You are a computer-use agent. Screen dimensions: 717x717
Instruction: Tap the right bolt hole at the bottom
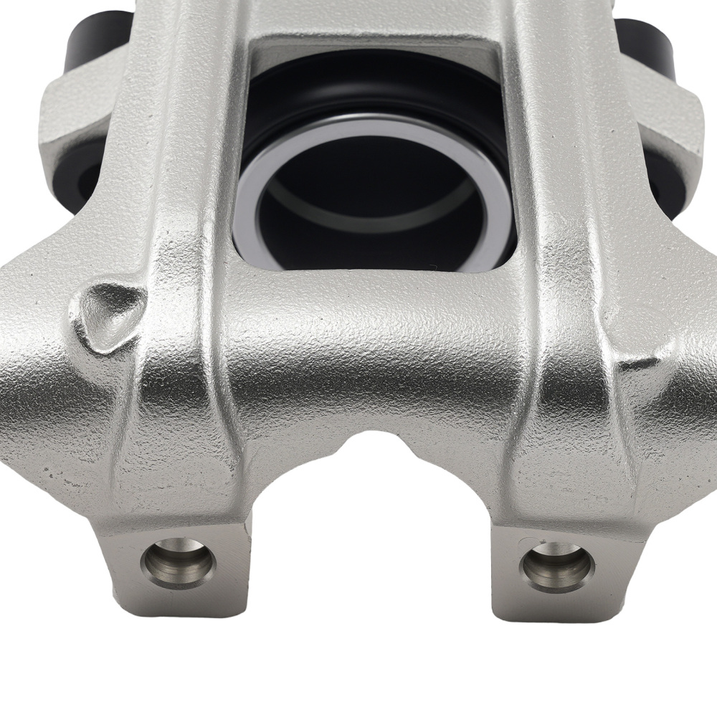click(x=558, y=566)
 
